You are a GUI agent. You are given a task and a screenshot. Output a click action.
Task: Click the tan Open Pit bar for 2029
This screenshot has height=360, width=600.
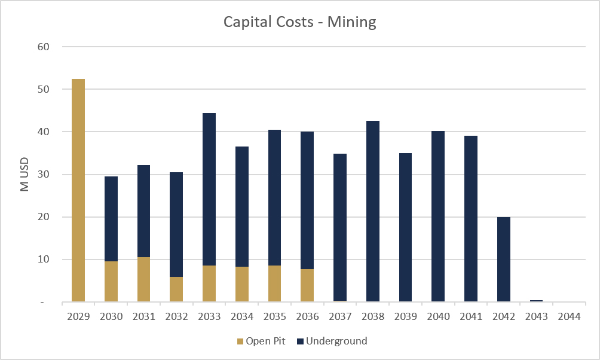[78, 190]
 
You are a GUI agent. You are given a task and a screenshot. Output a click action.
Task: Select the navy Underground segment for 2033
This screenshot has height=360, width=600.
[209, 189]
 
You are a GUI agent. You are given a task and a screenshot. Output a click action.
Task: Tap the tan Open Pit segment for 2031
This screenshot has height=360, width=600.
[144, 279]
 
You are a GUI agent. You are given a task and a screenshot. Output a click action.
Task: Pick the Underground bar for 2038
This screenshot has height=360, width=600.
[373, 212]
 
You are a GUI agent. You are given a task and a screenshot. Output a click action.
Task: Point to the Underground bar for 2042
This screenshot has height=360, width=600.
[504, 260]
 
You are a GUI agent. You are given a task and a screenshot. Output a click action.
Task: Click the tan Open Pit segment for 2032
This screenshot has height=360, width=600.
[176, 289]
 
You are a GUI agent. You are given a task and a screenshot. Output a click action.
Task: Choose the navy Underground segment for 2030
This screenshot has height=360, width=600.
[111, 219]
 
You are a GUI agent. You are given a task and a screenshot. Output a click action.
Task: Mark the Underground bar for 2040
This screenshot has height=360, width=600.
[438, 216]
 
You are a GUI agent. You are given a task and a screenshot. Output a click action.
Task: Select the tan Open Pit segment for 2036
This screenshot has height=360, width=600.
[307, 285]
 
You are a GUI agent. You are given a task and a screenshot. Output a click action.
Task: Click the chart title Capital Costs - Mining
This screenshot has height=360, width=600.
[300, 22]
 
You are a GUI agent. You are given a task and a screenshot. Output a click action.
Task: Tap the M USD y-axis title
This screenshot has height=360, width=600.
[25, 174]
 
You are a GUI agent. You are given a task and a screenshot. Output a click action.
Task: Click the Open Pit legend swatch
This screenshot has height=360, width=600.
[240, 341]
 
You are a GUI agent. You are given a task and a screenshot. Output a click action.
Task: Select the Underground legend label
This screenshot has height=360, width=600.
[336, 341]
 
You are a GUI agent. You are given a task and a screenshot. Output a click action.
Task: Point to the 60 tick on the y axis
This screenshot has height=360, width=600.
[44, 47]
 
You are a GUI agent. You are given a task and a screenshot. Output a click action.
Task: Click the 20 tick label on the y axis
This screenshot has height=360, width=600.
[44, 216]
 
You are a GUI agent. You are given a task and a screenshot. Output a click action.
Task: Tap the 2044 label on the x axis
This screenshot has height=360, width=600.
[570, 316]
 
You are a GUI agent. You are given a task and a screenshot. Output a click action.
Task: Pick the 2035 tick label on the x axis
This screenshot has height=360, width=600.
[275, 316]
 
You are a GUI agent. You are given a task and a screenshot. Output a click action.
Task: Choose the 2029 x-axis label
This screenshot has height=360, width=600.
[78, 316]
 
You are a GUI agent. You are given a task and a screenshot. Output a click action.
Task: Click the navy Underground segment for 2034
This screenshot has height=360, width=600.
[242, 206]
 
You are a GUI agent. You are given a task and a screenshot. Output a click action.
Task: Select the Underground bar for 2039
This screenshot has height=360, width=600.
[406, 227]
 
